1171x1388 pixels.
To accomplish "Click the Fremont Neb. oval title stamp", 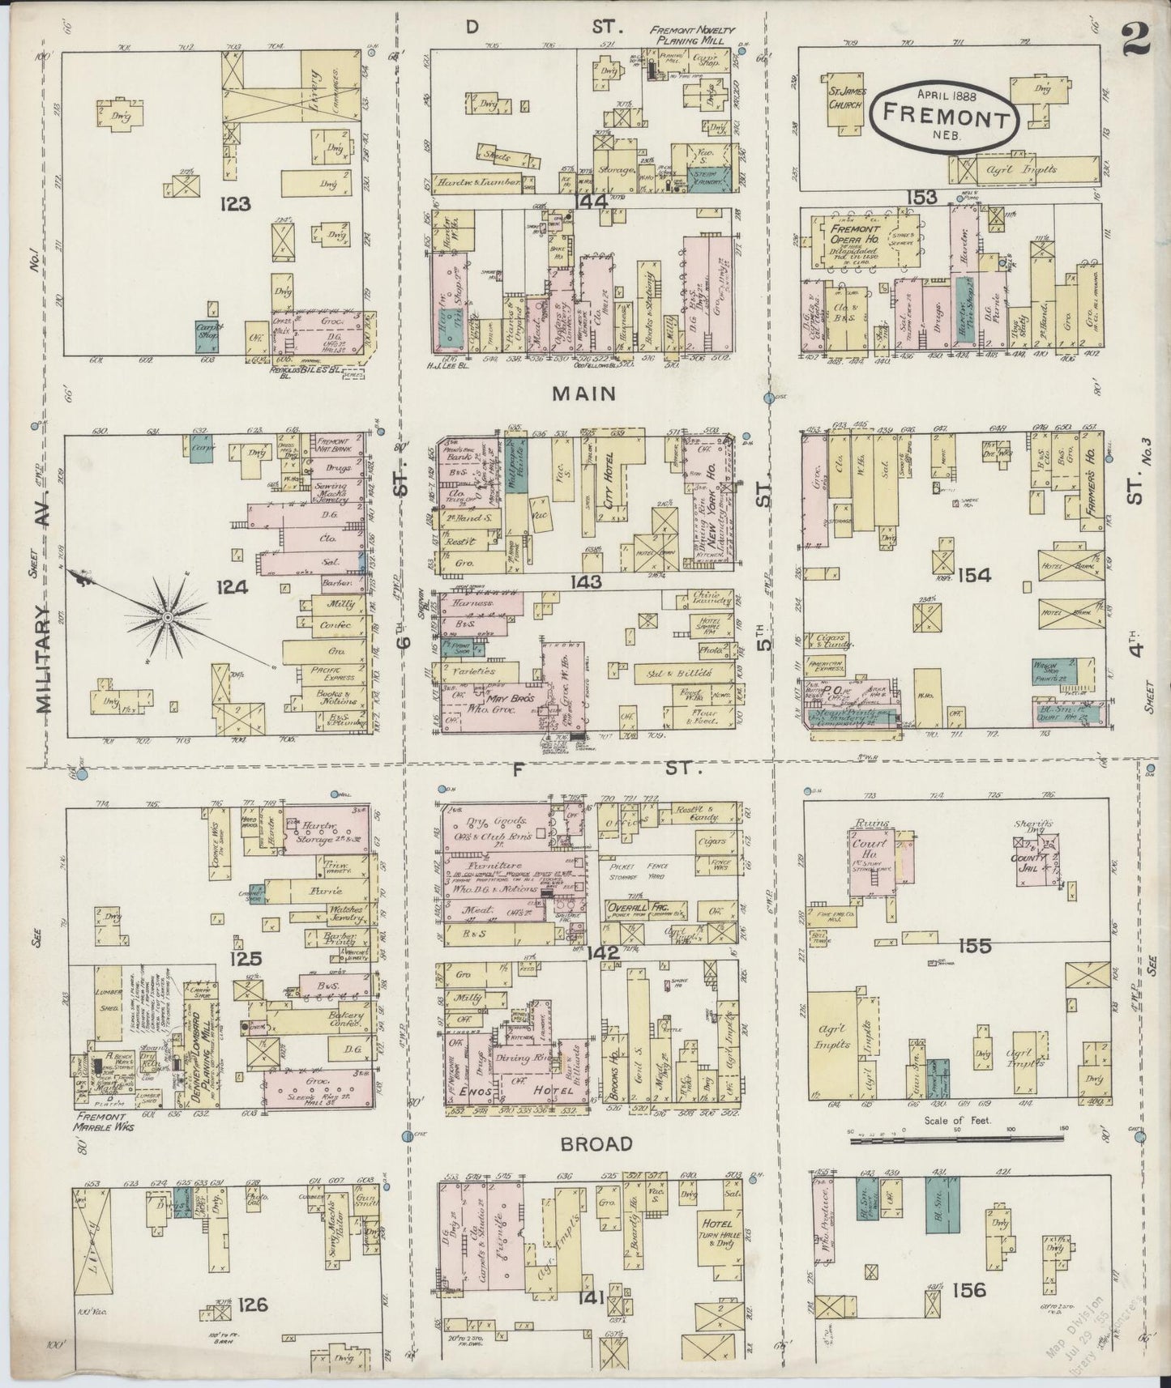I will click(944, 118).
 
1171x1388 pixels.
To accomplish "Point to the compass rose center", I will click(167, 618).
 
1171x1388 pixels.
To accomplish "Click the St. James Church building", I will click(843, 107).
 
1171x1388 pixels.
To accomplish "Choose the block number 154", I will click(974, 576).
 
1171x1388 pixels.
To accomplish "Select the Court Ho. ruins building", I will click(871, 860).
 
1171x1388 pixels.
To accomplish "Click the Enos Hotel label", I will click(502, 1090).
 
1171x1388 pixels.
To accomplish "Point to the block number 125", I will click(246, 960).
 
